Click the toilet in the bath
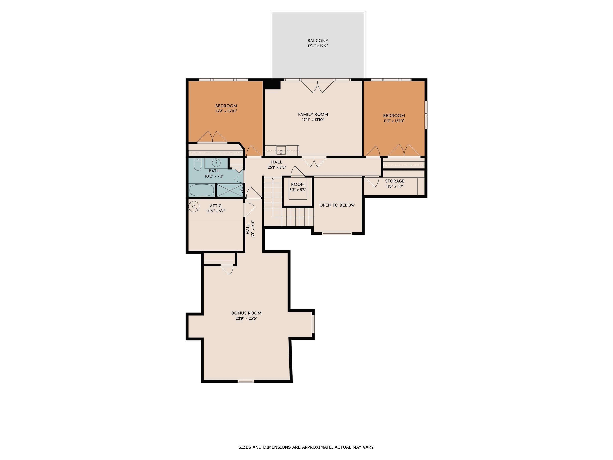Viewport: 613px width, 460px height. pos(197,164)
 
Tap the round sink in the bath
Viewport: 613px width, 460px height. pos(216,162)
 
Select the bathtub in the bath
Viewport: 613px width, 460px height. pos(202,190)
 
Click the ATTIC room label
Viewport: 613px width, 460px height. pos(216,206)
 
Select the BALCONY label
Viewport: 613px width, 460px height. pos(318,41)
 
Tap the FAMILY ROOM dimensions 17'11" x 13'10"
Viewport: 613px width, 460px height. pos(313,120)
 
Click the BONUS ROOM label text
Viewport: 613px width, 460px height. pos(246,313)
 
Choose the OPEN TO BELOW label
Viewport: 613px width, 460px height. pos(337,205)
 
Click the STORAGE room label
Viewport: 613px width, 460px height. pos(395,181)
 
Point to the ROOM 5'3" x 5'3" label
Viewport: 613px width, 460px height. pos(298,187)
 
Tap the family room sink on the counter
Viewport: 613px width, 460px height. pos(281,151)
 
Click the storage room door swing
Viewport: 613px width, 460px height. pos(372,182)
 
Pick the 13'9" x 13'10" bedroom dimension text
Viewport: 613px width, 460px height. pos(226,111)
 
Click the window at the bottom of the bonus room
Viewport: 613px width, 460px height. pos(246,381)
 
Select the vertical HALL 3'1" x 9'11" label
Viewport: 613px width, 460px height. pos(250,229)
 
